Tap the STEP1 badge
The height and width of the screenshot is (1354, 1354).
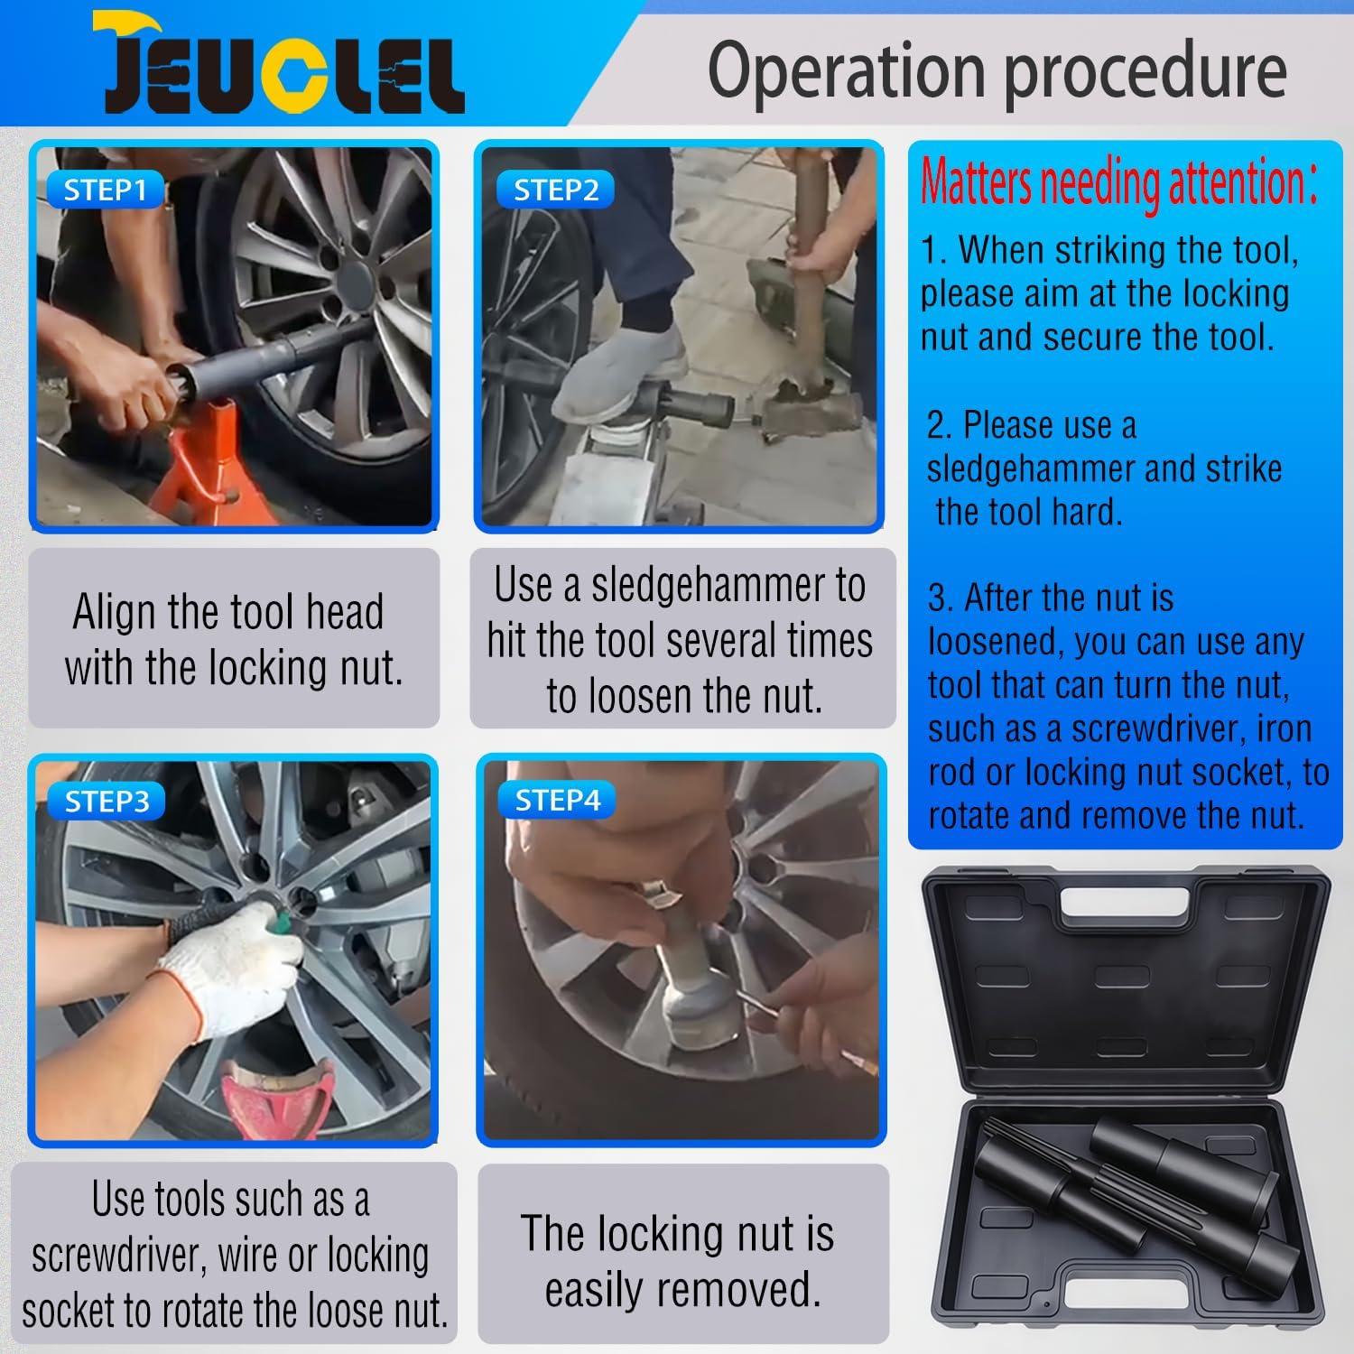(105, 190)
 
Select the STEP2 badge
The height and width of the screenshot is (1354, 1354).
(556, 190)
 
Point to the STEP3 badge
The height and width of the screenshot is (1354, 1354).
(107, 802)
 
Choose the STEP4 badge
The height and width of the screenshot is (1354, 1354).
(557, 800)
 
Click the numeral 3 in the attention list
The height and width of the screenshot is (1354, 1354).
(939, 598)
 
